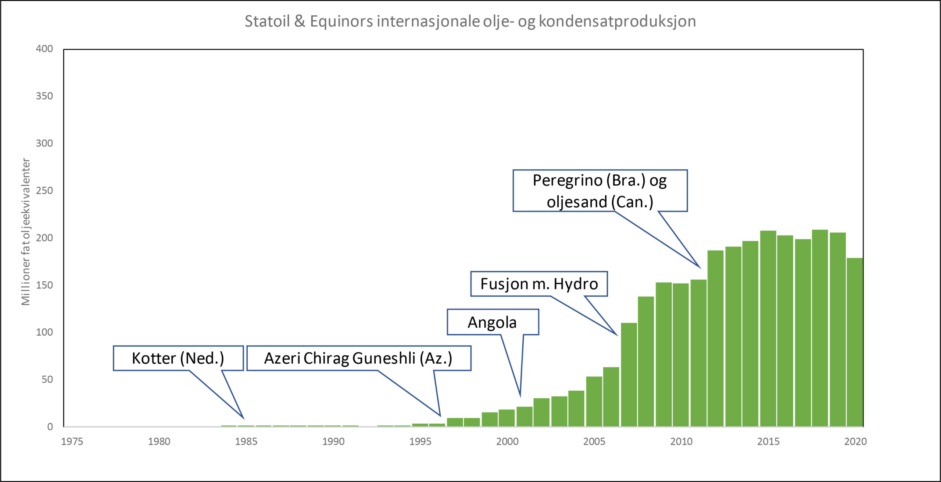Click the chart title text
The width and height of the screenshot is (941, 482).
470,21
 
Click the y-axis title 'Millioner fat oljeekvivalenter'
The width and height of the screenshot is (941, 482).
26,232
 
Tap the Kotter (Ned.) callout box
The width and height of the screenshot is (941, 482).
178,358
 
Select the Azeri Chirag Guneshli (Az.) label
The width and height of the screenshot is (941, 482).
358,358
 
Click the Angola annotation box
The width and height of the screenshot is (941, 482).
492,322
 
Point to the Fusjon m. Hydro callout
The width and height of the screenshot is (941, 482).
539,284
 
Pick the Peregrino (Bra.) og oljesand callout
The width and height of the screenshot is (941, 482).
600,191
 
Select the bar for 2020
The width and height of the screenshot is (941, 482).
855,342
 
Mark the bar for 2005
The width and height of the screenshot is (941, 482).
594,401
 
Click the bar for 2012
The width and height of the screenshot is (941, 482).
715,339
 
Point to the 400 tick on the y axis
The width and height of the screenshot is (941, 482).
44,49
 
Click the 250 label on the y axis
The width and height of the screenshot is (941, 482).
44,191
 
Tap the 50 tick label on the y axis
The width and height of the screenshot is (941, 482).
47,379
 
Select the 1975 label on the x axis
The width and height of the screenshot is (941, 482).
72,442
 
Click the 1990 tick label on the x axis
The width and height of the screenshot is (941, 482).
333,442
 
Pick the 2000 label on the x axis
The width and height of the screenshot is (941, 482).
507,442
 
